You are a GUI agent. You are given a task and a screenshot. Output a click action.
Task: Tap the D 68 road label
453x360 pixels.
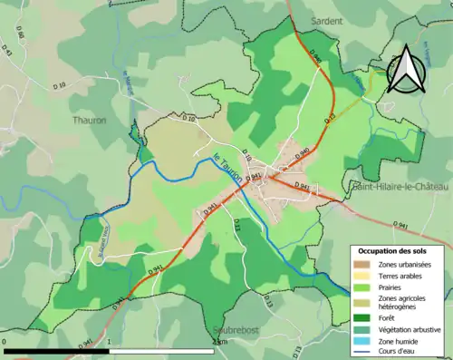point(19,39)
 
